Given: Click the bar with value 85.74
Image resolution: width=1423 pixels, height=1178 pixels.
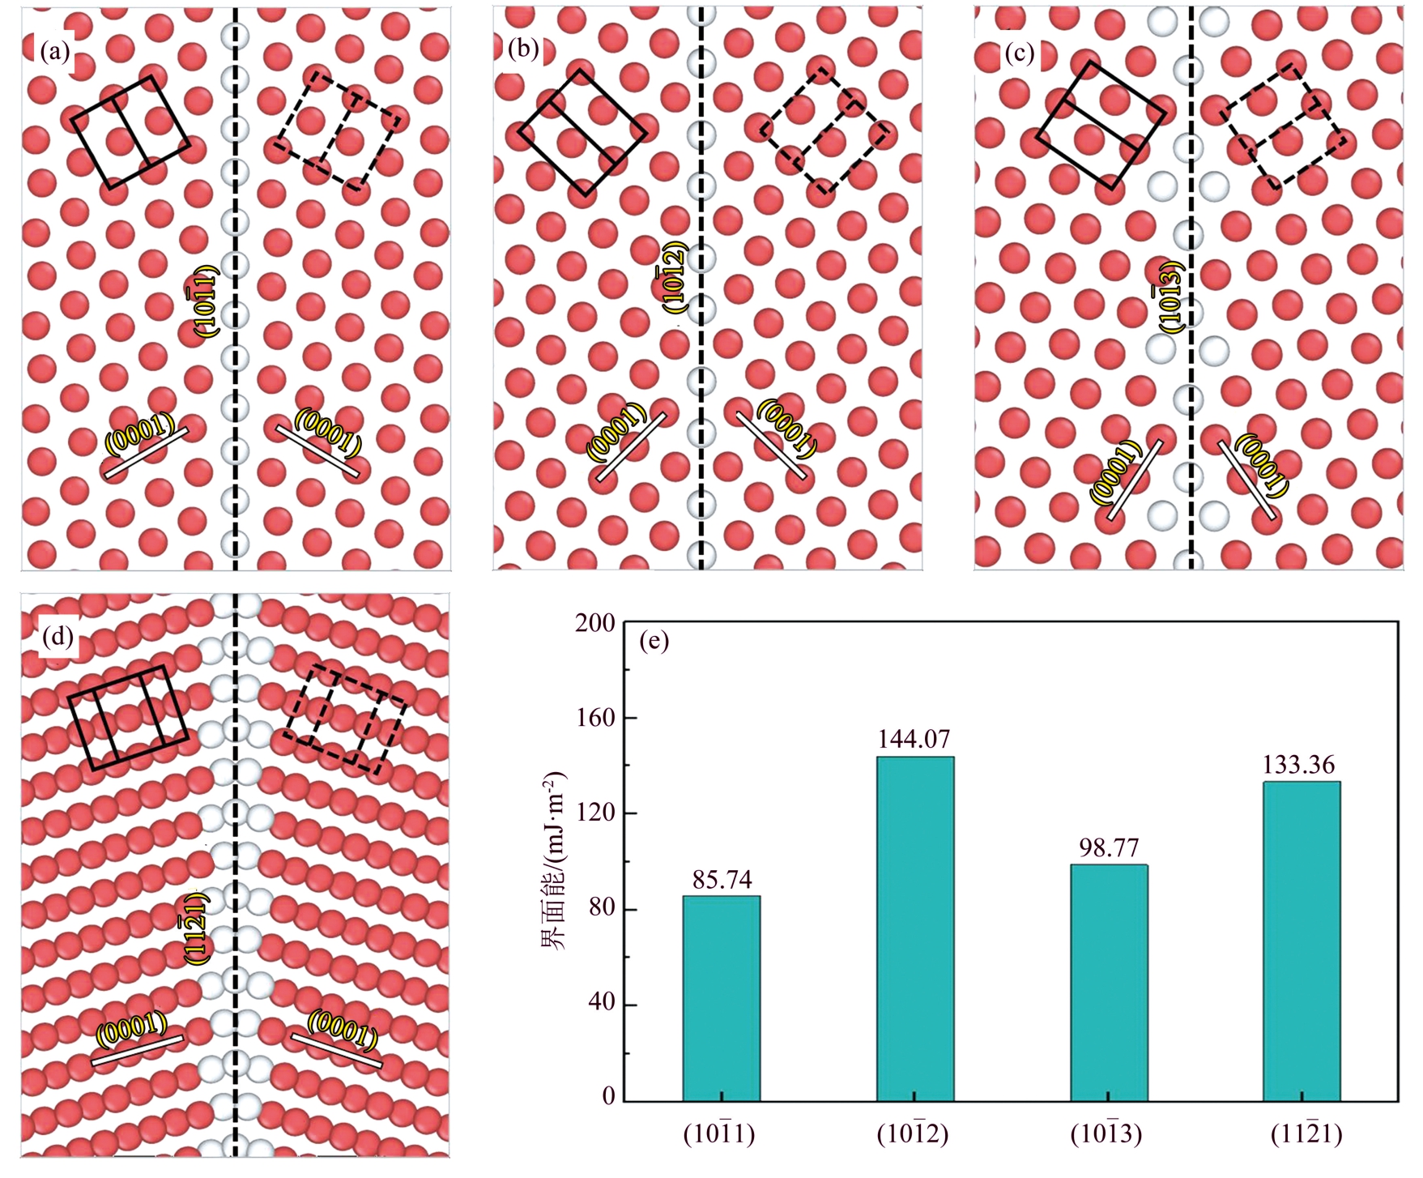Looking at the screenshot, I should [721, 998].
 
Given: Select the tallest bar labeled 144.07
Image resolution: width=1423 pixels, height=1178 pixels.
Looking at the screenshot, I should [914, 928].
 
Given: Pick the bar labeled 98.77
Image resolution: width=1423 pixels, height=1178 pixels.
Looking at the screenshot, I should [1109, 983].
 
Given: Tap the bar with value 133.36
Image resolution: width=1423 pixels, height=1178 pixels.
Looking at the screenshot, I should [1302, 941].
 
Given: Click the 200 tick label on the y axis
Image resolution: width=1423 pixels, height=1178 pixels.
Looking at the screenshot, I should [594, 622].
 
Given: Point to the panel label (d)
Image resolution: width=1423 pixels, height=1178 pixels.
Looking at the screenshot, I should [57, 637].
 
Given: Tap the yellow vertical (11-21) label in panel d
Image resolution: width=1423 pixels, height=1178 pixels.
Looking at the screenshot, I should [195, 926].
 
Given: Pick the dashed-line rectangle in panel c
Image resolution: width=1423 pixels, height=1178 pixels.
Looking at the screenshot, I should [1284, 126].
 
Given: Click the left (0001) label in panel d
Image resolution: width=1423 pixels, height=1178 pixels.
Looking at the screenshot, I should [132, 1029].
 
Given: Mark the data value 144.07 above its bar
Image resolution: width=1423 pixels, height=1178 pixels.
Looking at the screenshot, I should [914, 739].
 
